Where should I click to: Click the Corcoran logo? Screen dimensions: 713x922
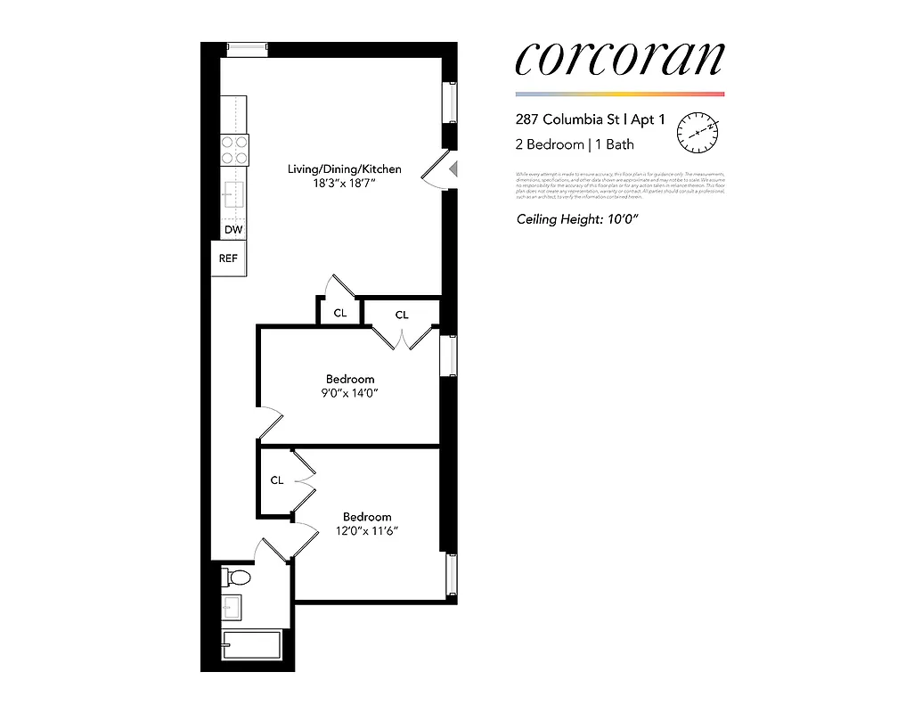[x=620, y=59]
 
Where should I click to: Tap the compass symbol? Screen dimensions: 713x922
[x=698, y=132]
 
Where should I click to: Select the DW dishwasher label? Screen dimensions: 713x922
[x=233, y=230]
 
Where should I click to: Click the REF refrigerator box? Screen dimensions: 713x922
[x=229, y=258]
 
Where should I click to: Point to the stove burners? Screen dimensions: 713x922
[x=234, y=149]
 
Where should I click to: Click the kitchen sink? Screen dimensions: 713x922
[x=233, y=194]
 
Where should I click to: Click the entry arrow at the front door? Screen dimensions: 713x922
[x=453, y=168]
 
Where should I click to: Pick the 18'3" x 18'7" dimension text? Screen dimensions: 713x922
[x=344, y=184]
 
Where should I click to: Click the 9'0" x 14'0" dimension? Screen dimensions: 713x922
[x=349, y=393]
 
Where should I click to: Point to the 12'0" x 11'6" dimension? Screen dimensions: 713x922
[x=367, y=531]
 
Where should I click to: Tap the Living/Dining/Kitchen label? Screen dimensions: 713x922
[x=344, y=168]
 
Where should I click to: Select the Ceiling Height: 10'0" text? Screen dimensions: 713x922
[x=575, y=219]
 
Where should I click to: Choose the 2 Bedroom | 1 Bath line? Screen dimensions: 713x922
[x=575, y=144]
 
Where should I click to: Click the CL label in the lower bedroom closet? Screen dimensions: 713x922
[x=277, y=480]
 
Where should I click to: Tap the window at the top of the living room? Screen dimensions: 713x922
[x=247, y=50]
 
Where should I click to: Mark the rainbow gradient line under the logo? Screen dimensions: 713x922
[x=620, y=94]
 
